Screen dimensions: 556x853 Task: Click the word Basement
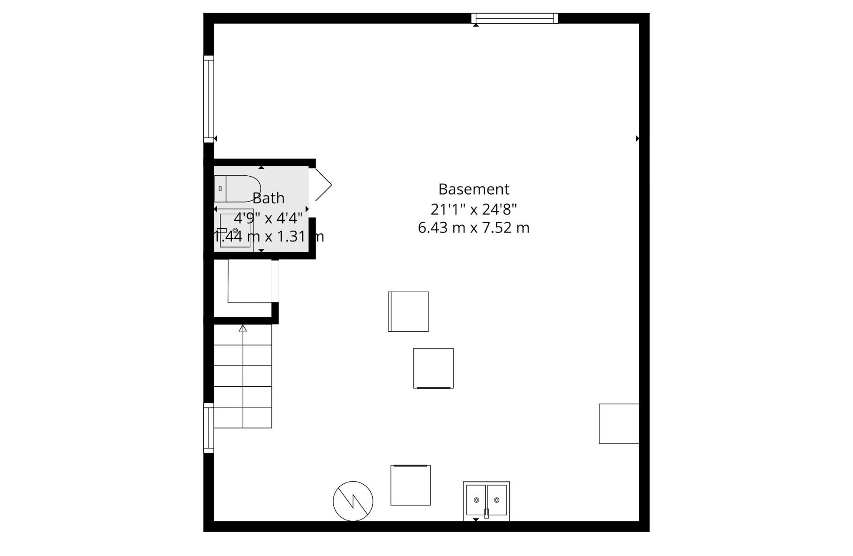[x=473, y=189]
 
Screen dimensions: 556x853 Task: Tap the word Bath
[x=269, y=198]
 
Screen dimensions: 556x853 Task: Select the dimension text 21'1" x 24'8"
[x=473, y=209]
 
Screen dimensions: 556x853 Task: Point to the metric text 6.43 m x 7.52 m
[x=473, y=228]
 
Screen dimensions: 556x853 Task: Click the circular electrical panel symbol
[x=353, y=501]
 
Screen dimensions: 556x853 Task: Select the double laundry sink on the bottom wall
[x=486, y=501]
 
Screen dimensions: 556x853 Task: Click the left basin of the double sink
[x=476, y=500]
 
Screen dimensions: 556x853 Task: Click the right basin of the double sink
[x=496, y=500]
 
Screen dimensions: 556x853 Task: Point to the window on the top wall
[x=515, y=18]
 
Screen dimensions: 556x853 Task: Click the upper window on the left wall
[x=209, y=98]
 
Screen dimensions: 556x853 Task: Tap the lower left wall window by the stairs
[x=209, y=428]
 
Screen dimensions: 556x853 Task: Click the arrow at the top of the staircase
[x=243, y=329]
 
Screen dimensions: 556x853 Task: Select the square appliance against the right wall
[x=619, y=423]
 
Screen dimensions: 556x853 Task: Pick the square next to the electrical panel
[x=411, y=485]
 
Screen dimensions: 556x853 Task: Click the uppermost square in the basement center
[x=408, y=311]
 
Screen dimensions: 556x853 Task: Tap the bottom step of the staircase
[x=243, y=417]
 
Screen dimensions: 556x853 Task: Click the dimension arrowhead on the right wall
[x=637, y=138]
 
